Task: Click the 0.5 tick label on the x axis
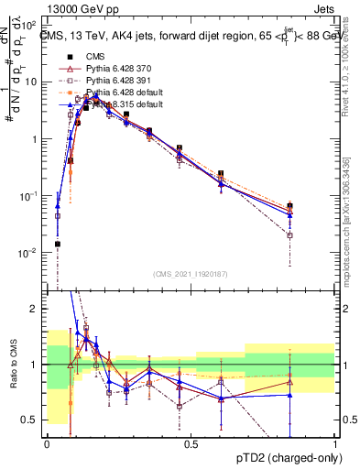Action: point(191,443)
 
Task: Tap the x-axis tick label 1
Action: point(335,443)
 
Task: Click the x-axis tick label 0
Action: point(47,443)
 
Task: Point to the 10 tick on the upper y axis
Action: point(34,82)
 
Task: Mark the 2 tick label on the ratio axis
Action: point(38,310)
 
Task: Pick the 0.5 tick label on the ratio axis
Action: point(34,420)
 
